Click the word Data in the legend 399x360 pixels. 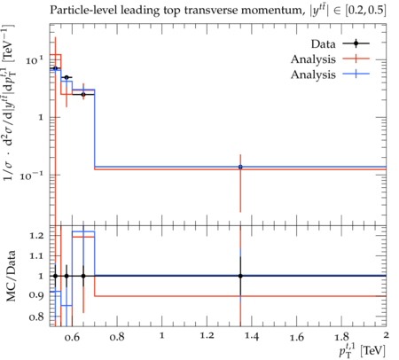pos(323,44)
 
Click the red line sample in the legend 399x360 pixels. pos(356,59)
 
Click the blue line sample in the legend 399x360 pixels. pos(356,74)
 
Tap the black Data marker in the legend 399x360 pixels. pos(356,43)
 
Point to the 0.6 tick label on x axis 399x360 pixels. pos(72,337)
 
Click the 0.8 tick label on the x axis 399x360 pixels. pos(117,337)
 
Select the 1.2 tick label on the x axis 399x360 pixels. pos(207,336)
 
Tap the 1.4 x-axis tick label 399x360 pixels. pos(252,337)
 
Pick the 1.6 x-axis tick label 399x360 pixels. pos(297,337)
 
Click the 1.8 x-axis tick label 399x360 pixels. pos(341,337)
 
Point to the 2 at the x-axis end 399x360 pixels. pos(386,335)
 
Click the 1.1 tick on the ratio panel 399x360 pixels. pos(36,256)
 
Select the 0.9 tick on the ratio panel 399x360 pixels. pos(36,295)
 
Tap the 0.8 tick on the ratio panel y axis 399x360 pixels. pos(36,317)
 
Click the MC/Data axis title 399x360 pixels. pos(11,276)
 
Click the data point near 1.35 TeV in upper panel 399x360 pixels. pos(240,167)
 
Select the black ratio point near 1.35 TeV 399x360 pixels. pos(240,276)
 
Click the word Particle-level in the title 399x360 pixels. pos(79,10)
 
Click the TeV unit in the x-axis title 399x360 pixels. pos(373,351)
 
